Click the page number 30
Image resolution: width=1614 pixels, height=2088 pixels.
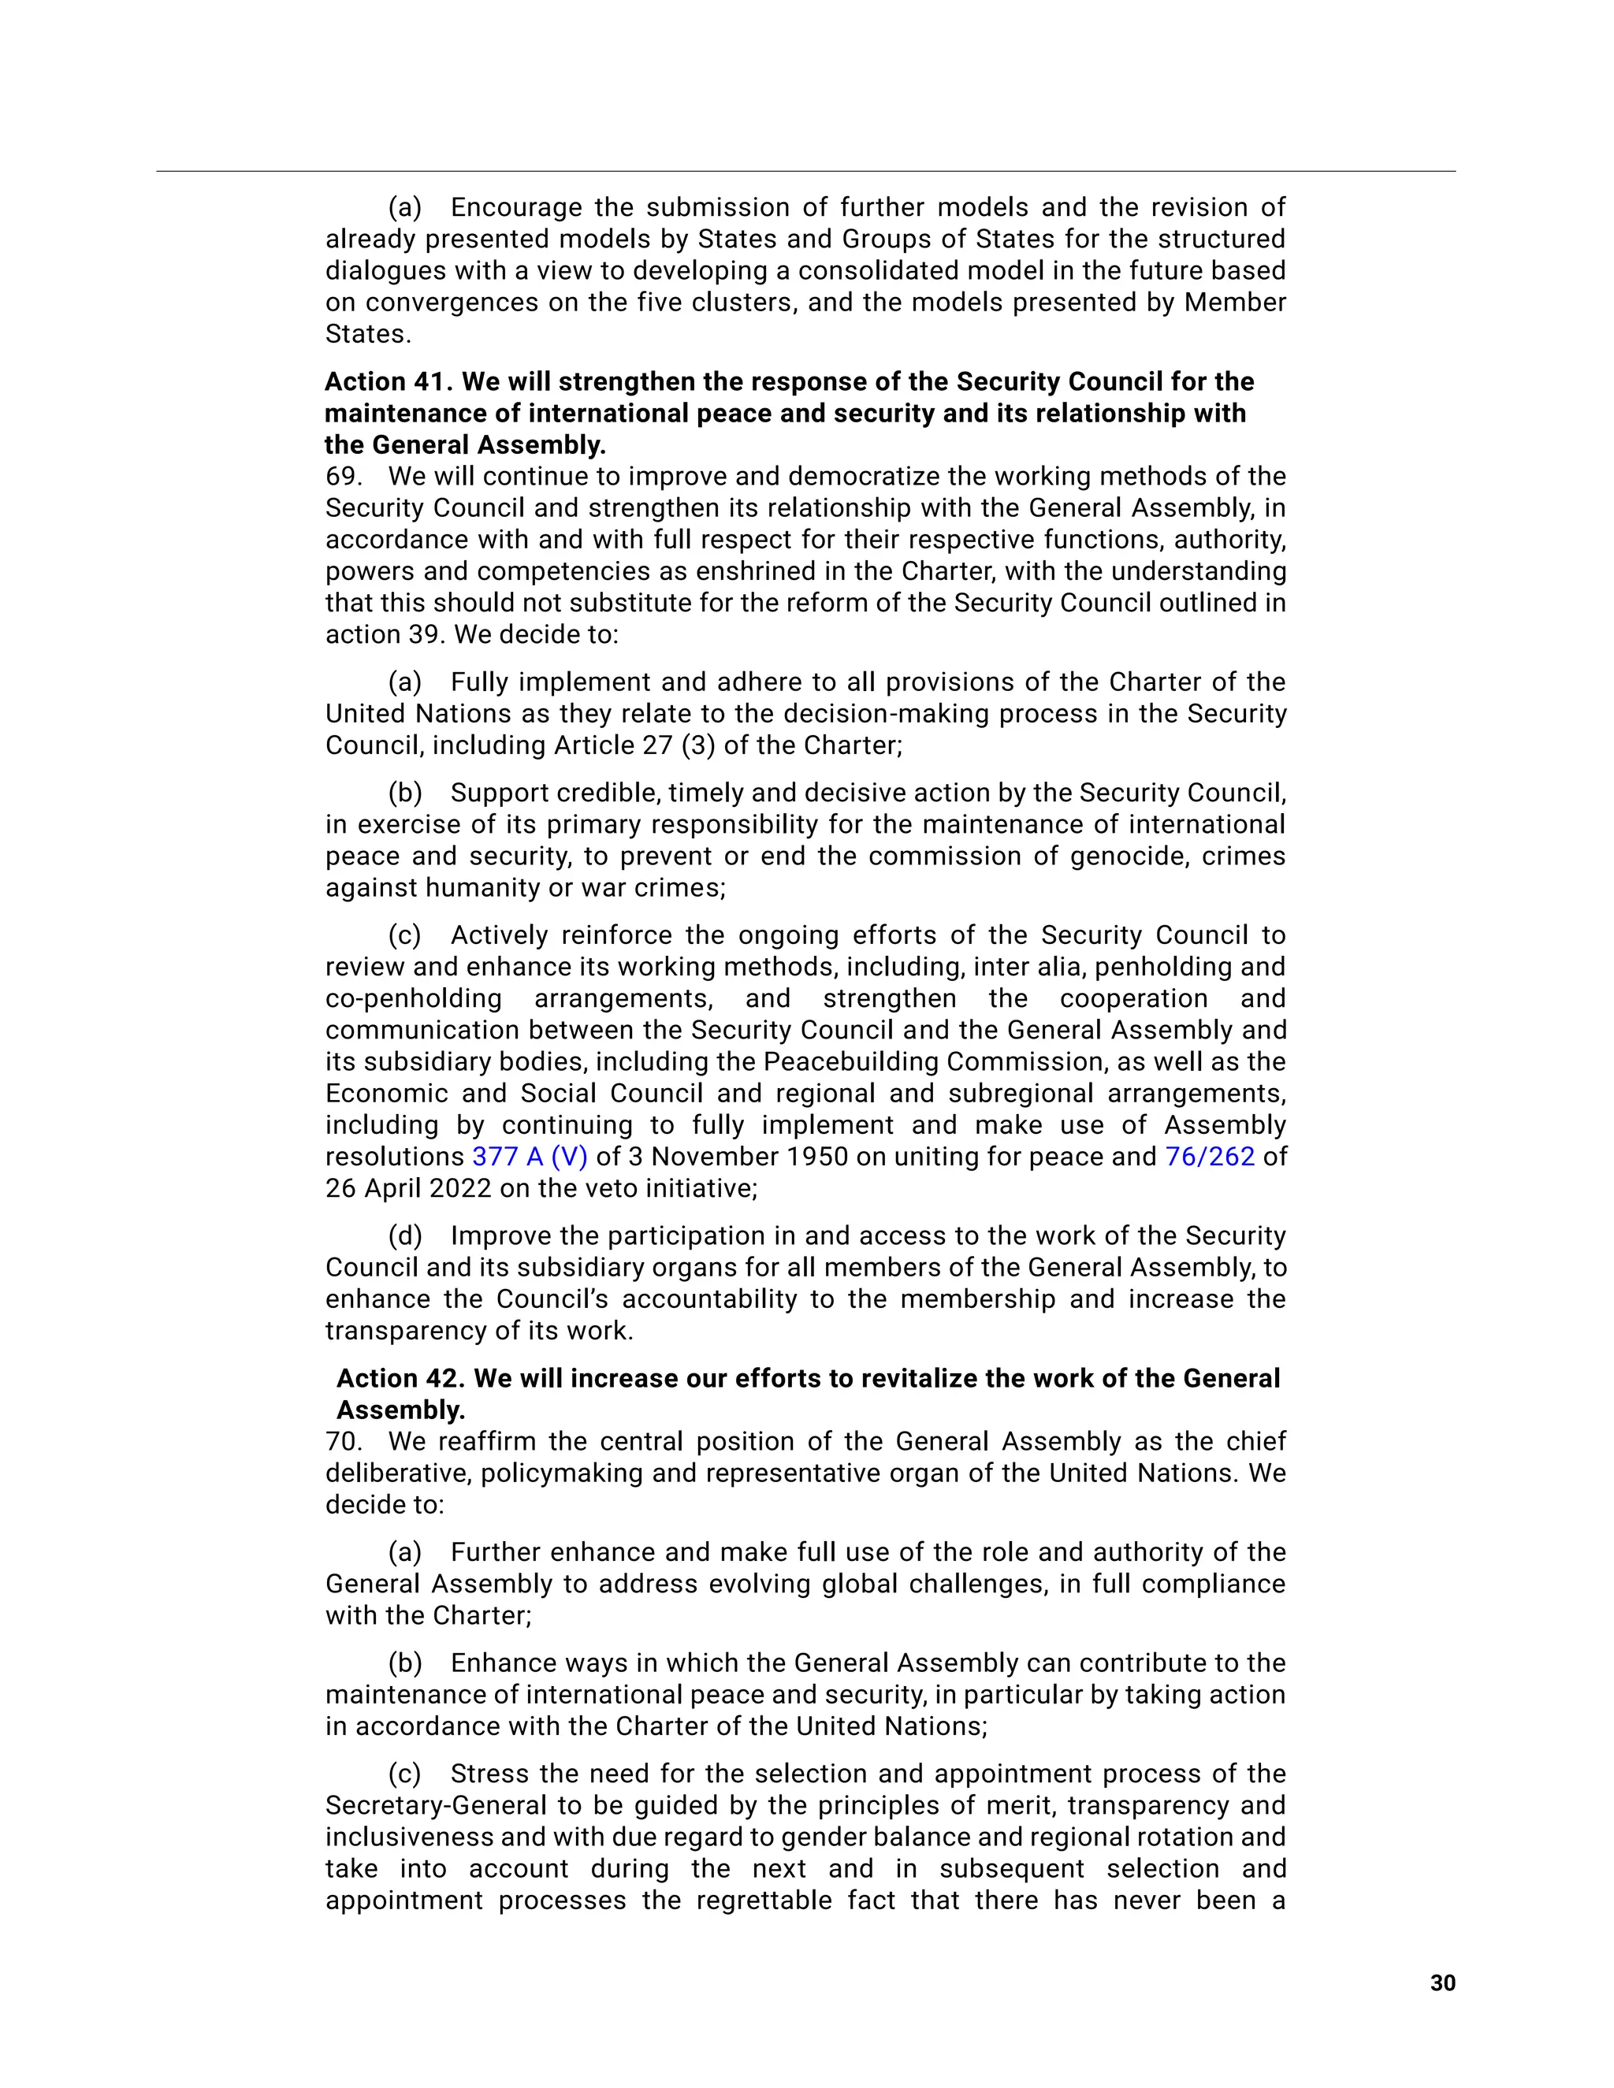pos(1442,1983)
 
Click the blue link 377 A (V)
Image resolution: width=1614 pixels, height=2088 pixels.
pos(529,1157)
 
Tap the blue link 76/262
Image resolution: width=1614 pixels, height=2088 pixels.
pos(1209,1157)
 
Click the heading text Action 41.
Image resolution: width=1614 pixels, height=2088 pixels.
pos(387,381)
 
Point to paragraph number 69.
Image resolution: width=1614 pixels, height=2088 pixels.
pos(341,476)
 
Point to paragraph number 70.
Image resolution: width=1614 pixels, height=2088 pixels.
pos(341,1441)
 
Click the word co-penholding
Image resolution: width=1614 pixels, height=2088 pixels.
pos(413,998)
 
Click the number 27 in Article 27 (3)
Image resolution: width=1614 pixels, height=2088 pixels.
pos(657,745)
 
